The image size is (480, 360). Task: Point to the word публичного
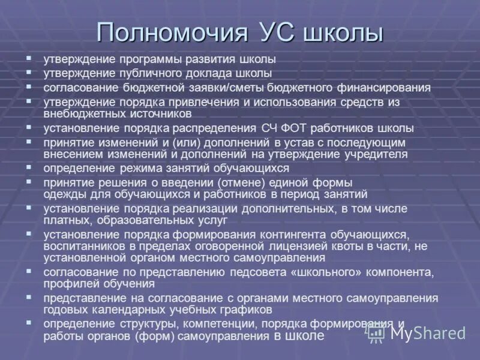[140, 74]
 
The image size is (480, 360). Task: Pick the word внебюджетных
[79, 113]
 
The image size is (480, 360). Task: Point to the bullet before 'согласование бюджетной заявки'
[29, 85]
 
